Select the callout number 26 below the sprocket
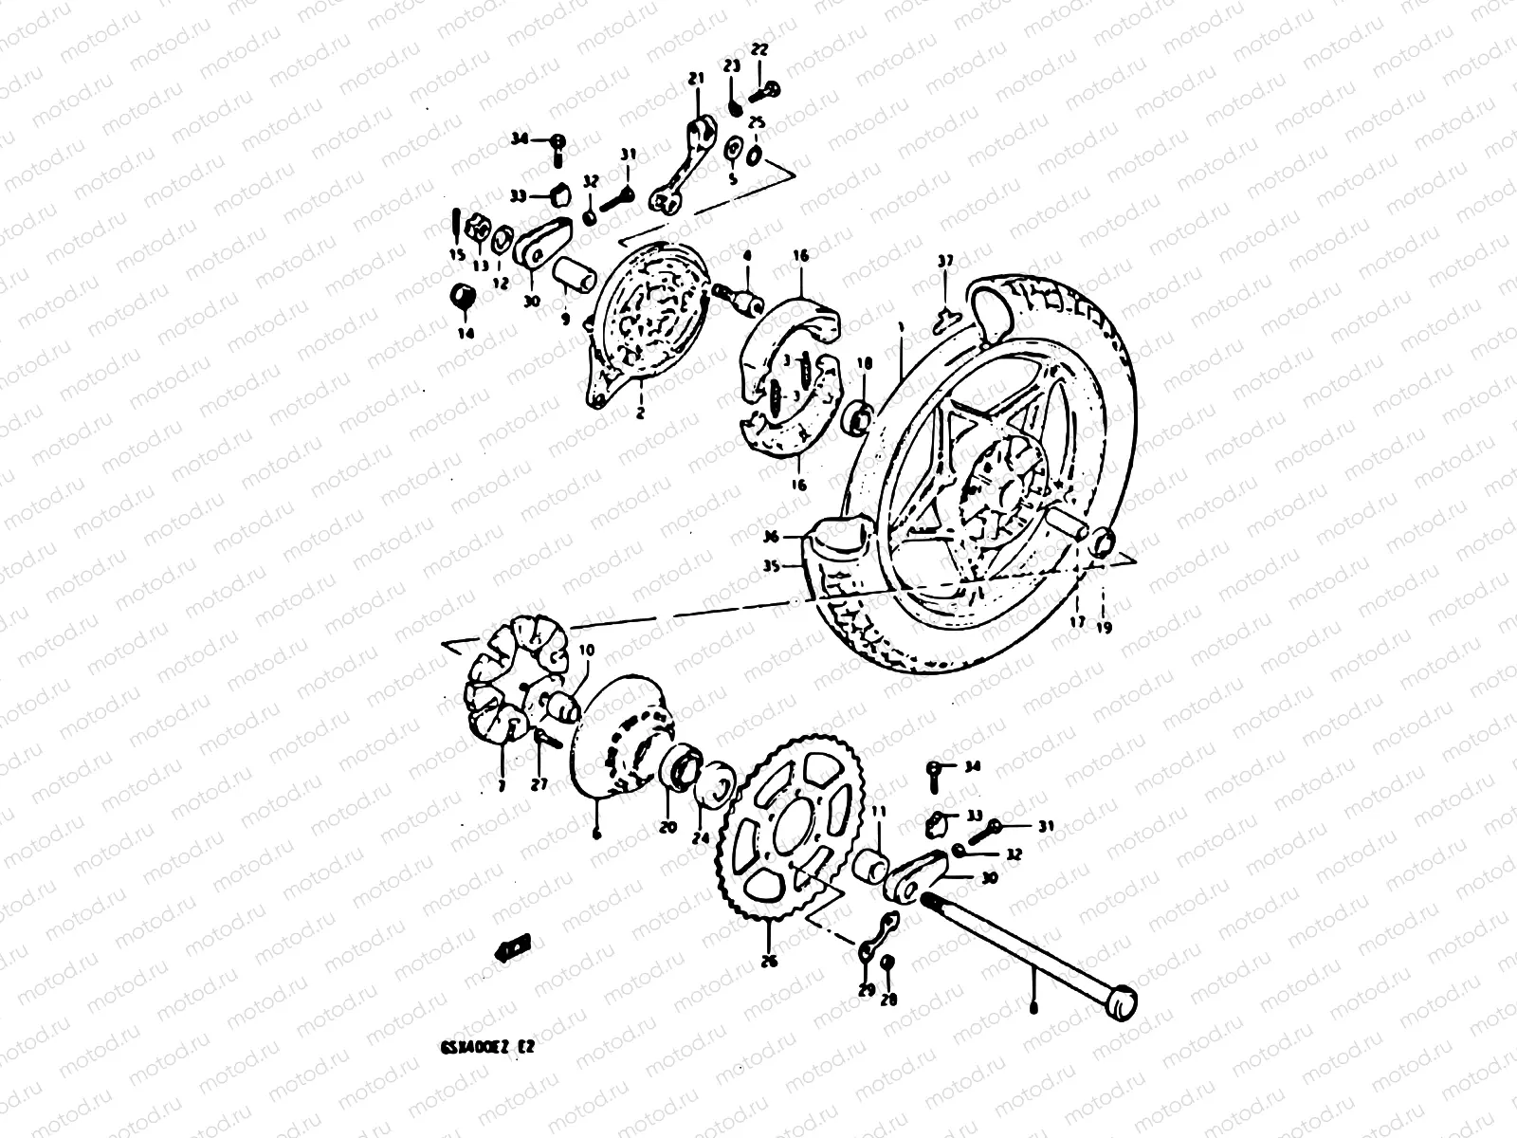click(x=769, y=961)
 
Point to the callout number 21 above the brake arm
click(x=697, y=79)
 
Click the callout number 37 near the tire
click(x=943, y=261)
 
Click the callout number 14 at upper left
click(x=465, y=334)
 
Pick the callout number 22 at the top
click(x=761, y=49)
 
